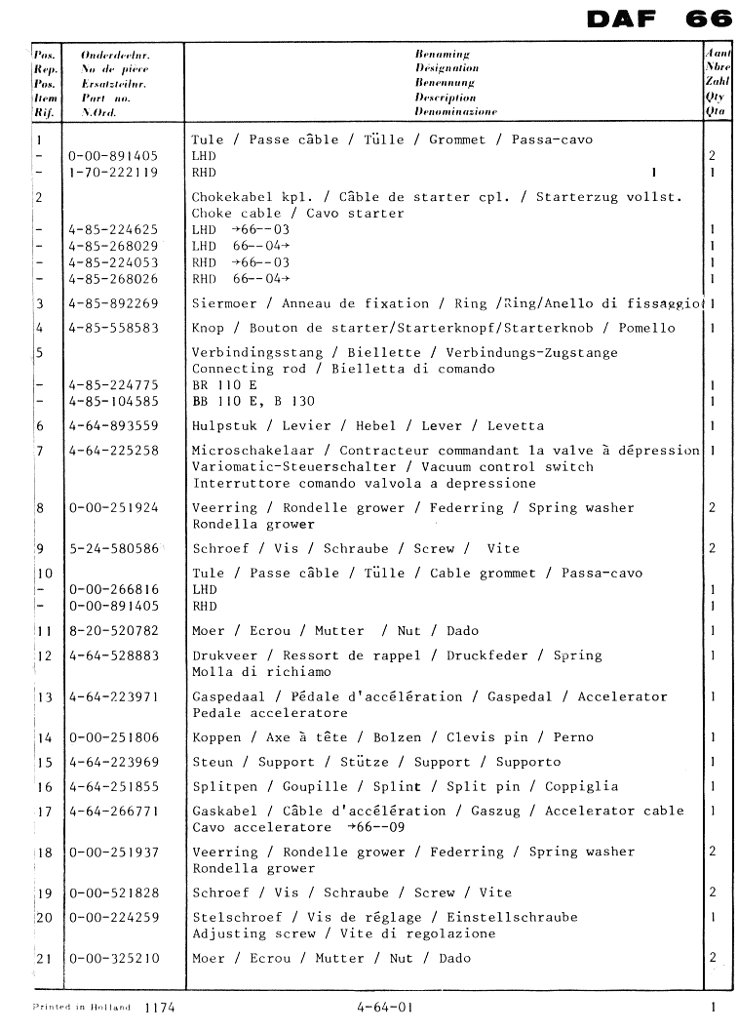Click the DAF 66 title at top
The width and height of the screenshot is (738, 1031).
[660, 20]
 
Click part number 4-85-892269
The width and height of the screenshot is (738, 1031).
[113, 303]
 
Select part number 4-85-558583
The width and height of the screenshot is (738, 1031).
[113, 328]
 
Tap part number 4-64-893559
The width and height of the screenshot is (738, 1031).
[113, 426]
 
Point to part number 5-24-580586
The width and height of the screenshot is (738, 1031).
[113, 549]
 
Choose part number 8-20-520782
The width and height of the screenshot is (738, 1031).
[113, 631]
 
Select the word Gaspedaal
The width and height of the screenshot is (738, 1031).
[228, 696]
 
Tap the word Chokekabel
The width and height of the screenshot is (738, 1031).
[232, 197]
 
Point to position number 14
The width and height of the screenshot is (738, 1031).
[44, 737]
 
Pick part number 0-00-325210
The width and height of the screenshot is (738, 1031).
[113, 958]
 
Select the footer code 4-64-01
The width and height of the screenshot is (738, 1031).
[384, 1007]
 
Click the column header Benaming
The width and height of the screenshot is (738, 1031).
[442, 55]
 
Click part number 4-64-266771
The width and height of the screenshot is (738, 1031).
[113, 811]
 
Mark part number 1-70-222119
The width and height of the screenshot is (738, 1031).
[113, 173]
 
